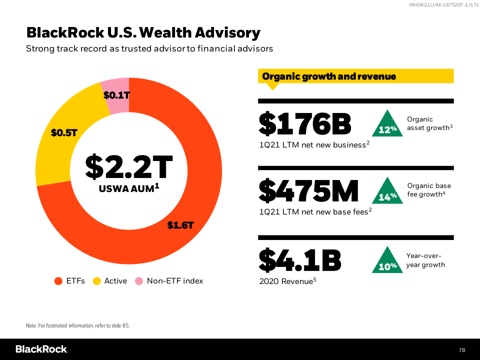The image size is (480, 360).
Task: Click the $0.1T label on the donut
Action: [116, 94]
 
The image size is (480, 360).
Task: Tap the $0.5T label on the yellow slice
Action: [64, 132]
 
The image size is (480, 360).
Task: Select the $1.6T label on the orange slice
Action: [180, 225]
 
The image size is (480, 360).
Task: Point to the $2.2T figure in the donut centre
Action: [128, 167]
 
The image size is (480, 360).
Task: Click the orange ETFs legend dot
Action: [58, 281]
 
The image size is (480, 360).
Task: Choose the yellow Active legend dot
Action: [97, 281]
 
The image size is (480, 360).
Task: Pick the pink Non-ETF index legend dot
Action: [139, 281]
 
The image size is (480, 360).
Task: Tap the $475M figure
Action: [309, 191]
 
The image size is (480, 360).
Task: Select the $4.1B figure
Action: [300, 259]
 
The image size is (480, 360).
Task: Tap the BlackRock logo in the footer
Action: [41, 349]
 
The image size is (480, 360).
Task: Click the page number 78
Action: [462, 349]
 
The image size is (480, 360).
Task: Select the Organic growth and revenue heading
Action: [329, 76]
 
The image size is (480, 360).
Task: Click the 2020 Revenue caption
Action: [287, 281]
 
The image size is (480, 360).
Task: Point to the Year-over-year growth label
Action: [425, 260]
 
